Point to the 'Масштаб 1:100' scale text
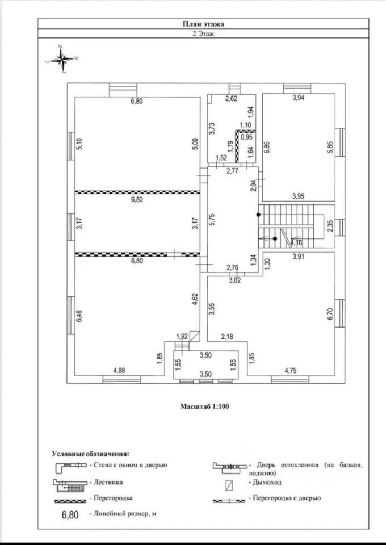pyautogui.click(x=204, y=406)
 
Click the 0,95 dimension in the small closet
pyautogui.click(x=246, y=137)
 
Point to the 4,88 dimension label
pyautogui.click(x=119, y=370)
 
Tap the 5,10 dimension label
pyautogui.click(x=80, y=144)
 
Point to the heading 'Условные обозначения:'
pyautogui.click(x=90, y=454)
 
